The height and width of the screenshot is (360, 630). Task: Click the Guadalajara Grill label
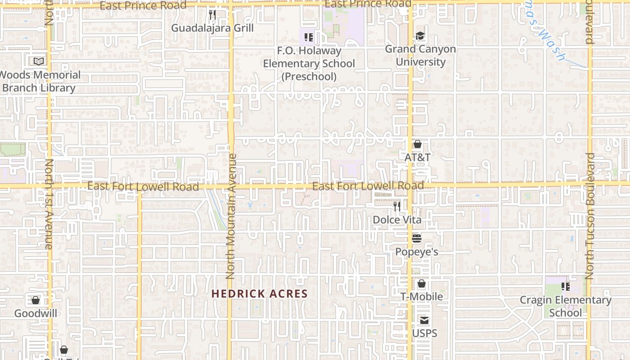pyautogui.click(x=212, y=28)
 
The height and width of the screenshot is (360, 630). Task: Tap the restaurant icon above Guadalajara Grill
pyautogui.click(x=212, y=15)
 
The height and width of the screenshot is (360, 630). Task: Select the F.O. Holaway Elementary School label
pyautogui.click(x=309, y=63)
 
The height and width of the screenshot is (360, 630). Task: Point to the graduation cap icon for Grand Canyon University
pyautogui.click(x=420, y=36)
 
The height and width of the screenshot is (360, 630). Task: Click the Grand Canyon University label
pyautogui.click(x=420, y=55)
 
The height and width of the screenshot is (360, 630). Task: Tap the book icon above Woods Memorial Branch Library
pyautogui.click(x=39, y=61)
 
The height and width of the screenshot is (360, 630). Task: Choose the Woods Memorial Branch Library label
pyautogui.click(x=40, y=81)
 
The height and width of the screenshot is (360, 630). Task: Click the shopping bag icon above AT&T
pyautogui.click(x=418, y=144)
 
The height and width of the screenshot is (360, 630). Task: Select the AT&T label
pyautogui.click(x=418, y=157)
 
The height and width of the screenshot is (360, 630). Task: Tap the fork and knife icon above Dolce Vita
pyautogui.click(x=397, y=207)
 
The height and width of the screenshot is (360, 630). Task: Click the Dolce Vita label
pyautogui.click(x=397, y=220)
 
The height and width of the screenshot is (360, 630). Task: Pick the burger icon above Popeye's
pyautogui.click(x=417, y=238)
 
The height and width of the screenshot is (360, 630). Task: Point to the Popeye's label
pyautogui.click(x=417, y=252)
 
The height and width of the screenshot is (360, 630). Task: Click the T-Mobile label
pyautogui.click(x=422, y=297)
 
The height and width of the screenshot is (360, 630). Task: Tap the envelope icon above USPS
pyautogui.click(x=424, y=320)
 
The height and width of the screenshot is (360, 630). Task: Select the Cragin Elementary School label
pyautogui.click(x=566, y=306)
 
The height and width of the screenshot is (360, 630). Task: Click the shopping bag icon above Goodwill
pyautogui.click(x=36, y=300)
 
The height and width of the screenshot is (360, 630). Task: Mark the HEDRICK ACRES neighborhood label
pyautogui.click(x=260, y=294)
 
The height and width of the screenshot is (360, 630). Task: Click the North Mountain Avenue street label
pyautogui.click(x=231, y=216)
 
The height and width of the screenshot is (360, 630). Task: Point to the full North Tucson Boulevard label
pyautogui.click(x=590, y=216)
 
